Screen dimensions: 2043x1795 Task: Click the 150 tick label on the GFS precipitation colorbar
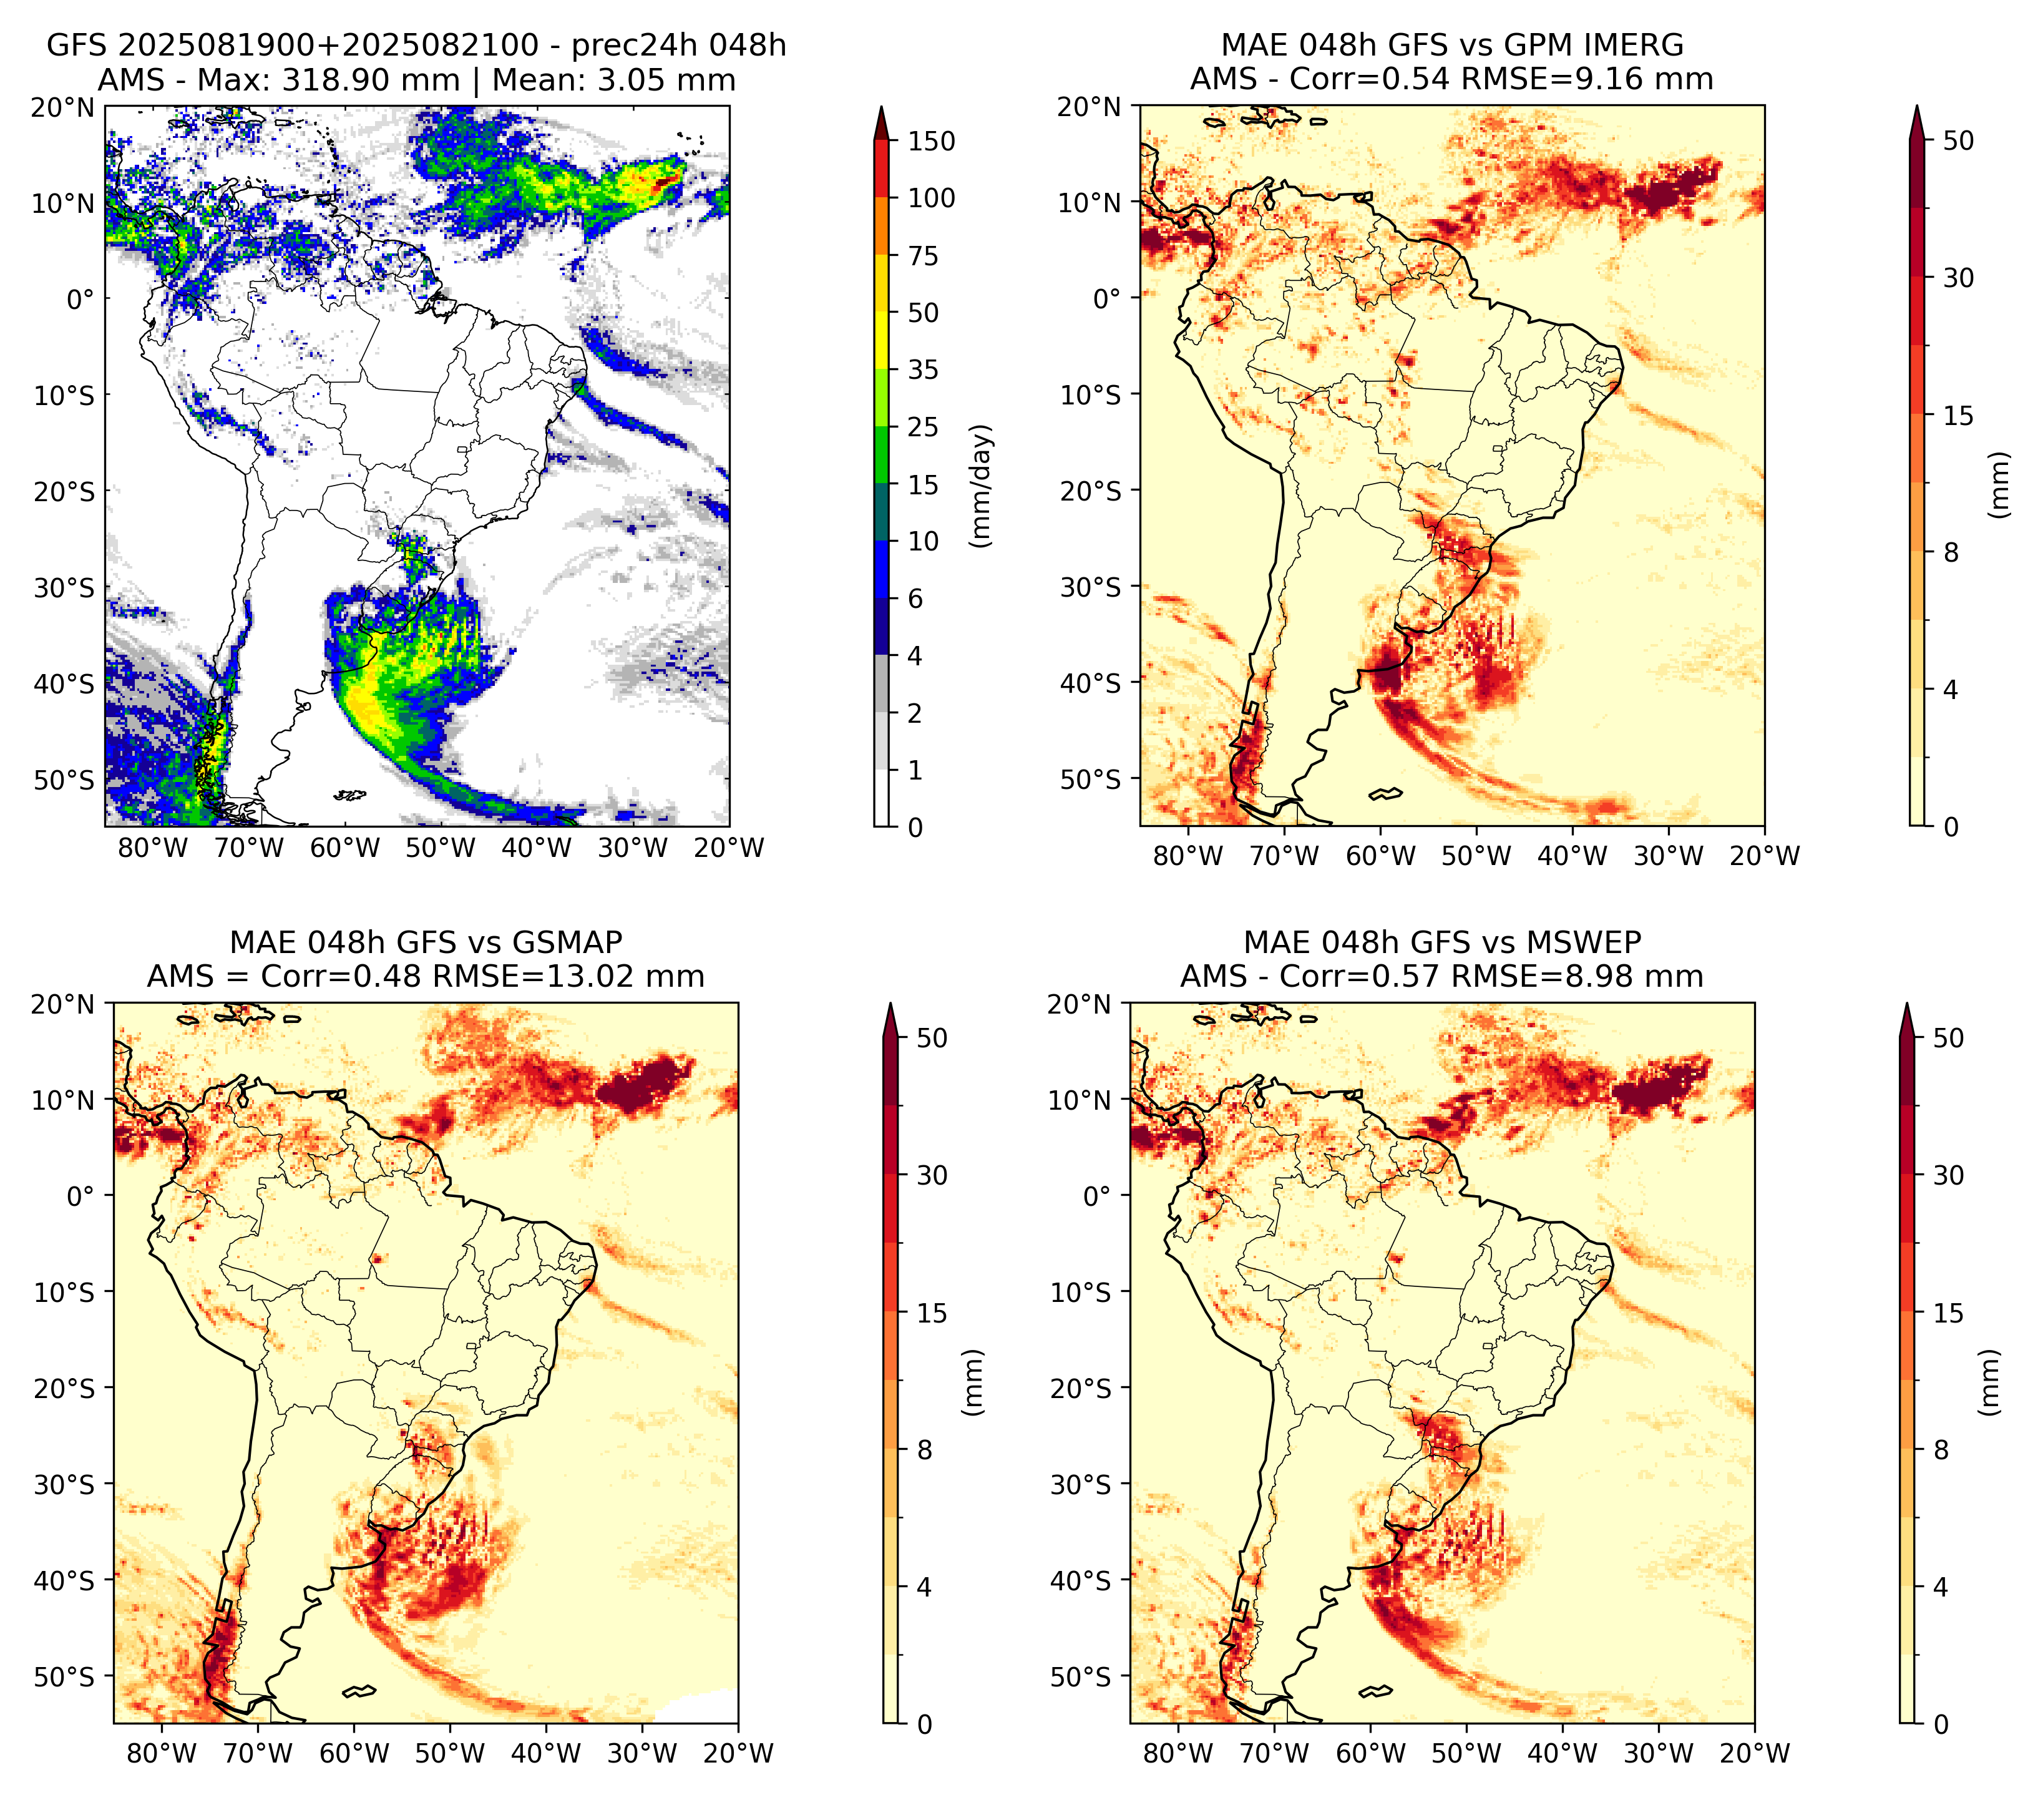(x=930, y=141)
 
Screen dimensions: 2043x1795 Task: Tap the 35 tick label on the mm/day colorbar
(x=922, y=369)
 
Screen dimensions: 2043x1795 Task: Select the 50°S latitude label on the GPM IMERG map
(x=1091, y=778)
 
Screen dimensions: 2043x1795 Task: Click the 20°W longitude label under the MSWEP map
(x=1755, y=1752)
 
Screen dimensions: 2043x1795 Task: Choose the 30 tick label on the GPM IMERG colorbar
(x=1959, y=278)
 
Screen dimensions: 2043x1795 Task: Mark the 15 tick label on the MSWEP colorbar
(x=1949, y=1313)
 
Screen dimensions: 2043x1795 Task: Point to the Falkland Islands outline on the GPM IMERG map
(x=1385, y=793)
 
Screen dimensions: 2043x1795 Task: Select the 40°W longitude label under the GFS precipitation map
(x=537, y=849)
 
